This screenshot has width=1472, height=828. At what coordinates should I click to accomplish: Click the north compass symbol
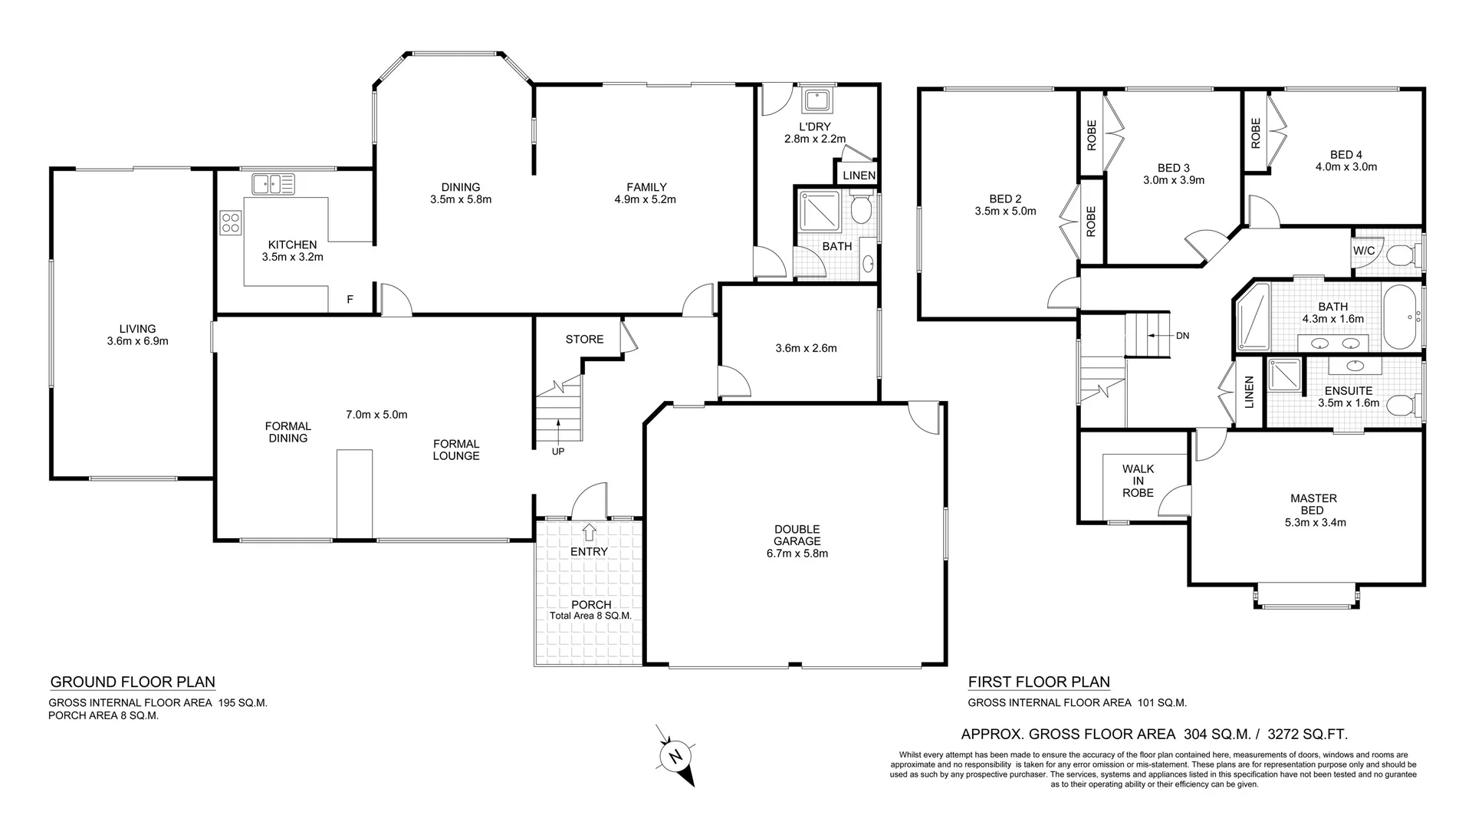676,757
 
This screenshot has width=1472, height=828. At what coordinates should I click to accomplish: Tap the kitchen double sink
273,184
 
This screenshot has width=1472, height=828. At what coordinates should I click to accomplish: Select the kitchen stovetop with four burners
231,223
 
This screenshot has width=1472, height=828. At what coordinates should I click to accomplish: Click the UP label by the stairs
558,452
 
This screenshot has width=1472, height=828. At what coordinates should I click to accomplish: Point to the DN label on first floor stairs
1182,336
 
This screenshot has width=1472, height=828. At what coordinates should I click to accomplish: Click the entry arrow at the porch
589,529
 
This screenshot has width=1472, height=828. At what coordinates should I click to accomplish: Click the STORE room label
584,339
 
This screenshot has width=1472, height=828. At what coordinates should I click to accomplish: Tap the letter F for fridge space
350,300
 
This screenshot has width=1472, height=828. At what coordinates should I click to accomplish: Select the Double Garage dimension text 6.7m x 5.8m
797,553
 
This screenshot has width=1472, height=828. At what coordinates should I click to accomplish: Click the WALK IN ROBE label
1138,481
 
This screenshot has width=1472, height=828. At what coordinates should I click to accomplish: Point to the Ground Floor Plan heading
133,682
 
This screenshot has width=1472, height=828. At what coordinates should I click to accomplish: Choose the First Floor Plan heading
1039,682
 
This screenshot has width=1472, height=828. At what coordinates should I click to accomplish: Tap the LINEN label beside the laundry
859,176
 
